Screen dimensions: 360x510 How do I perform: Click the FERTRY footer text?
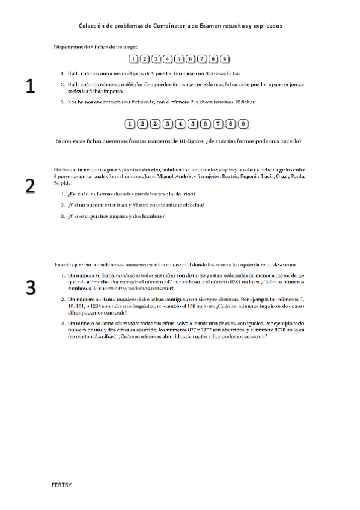click(x=61, y=485)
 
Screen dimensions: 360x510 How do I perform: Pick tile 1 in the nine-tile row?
click(x=133, y=59)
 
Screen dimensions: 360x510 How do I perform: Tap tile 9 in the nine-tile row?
click(x=224, y=59)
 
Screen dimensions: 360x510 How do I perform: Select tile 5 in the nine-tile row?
click(x=178, y=59)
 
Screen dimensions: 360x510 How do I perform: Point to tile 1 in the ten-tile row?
click(x=130, y=124)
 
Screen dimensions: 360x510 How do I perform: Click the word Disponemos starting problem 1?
click(x=69, y=46)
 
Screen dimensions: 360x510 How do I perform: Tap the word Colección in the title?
click(x=92, y=26)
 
